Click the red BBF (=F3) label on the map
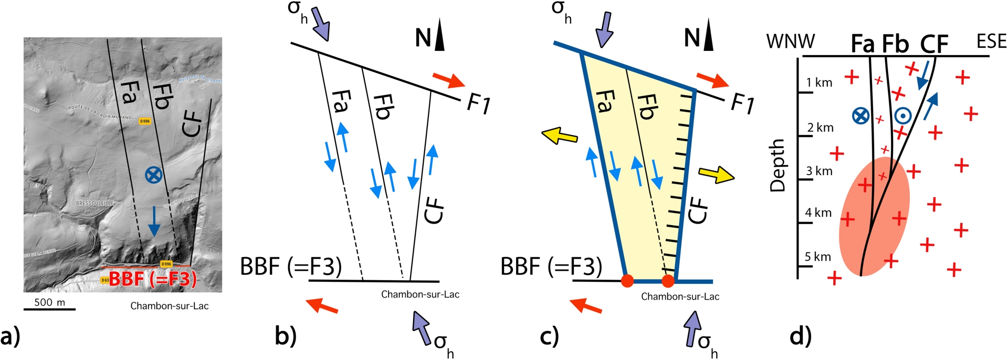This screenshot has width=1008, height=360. [152, 279]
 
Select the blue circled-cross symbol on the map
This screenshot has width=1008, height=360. [153, 175]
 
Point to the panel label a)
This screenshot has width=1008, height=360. [10, 336]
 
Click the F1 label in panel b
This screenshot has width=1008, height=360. [478, 104]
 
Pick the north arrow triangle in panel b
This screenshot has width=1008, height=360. [439, 38]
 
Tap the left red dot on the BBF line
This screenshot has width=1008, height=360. [627, 281]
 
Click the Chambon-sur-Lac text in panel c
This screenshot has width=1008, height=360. [680, 297]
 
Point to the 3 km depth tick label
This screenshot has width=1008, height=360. [820, 171]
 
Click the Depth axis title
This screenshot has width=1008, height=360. [777, 165]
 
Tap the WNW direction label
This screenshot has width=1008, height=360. [791, 41]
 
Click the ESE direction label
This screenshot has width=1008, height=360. [991, 41]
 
